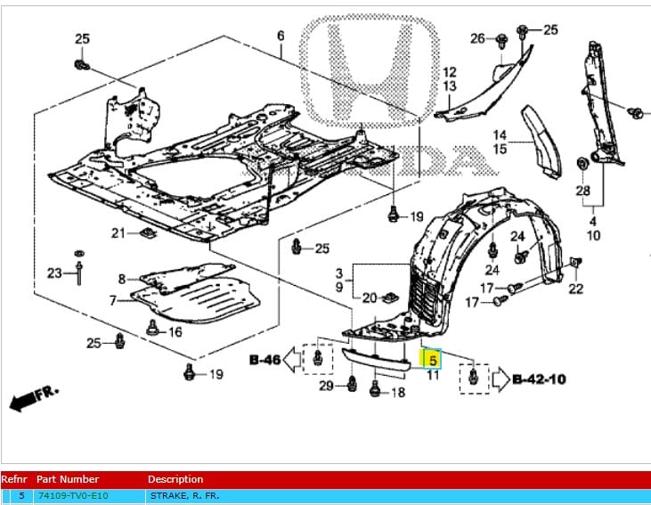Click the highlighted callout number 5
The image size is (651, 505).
pyautogui.click(x=432, y=361)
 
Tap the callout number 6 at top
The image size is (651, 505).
pyautogui.click(x=281, y=36)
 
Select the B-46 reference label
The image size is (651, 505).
pyautogui.click(x=265, y=360)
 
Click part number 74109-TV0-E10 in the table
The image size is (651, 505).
pyautogui.click(x=72, y=495)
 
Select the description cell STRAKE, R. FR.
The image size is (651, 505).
pyautogui.click(x=183, y=495)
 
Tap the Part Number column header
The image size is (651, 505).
pyautogui.click(x=68, y=479)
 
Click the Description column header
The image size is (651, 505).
pyautogui.click(x=175, y=479)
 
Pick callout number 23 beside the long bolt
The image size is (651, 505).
pyautogui.click(x=55, y=273)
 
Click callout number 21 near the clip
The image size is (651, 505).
pyautogui.click(x=119, y=233)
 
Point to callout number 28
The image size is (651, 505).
pyautogui.click(x=582, y=191)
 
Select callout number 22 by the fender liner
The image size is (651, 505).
pyautogui.click(x=575, y=288)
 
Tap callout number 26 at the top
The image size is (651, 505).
pyautogui.click(x=477, y=38)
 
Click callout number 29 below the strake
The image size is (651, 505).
pyautogui.click(x=327, y=385)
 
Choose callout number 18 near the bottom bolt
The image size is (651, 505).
pyautogui.click(x=398, y=393)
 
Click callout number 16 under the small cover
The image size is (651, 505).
pyautogui.click(x=175, y=332)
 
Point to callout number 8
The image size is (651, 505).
pyautogui.click(x=122, y=280)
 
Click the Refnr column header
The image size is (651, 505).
pyautogui.click(x=16, y=479)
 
